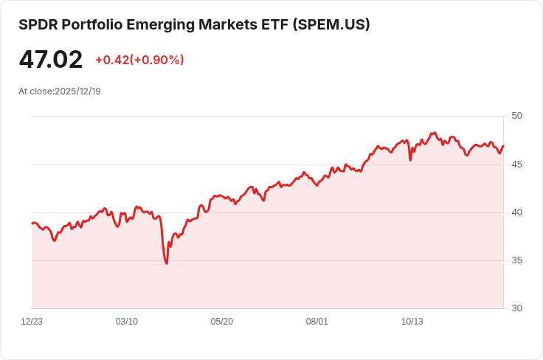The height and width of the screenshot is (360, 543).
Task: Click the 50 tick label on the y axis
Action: tap(516, 116)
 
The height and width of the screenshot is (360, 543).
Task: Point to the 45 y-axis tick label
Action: tap(516, 164)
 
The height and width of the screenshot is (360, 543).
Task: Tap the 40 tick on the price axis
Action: tap(516, 212)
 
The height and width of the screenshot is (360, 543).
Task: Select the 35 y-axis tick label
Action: tap(516, 260)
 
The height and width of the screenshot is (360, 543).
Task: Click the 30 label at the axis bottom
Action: tap(516, 308)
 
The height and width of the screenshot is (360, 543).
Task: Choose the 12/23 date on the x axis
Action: tap(32, 322)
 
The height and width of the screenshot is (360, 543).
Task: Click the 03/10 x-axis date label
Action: tap(127, 322)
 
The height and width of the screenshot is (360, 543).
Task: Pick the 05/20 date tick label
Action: tap(222, 322)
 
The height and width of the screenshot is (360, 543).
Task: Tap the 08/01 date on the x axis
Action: tap(317, 322)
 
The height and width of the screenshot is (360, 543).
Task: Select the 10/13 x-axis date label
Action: tap(412, 322)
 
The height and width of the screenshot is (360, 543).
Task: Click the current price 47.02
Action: tap(51, 60)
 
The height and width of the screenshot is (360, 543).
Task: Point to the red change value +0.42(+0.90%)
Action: tap(139, 60)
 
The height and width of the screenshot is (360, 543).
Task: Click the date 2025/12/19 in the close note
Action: tap(77, 91)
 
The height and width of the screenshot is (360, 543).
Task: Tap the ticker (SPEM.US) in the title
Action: tap(331, 24)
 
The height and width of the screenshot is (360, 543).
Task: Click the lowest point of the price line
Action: tap(167, 263)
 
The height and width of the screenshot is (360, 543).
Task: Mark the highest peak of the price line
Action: tap(435, 133)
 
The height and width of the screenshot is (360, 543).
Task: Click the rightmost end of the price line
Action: tap(503, 145)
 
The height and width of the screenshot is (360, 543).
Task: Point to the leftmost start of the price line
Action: tap(32, 223)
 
